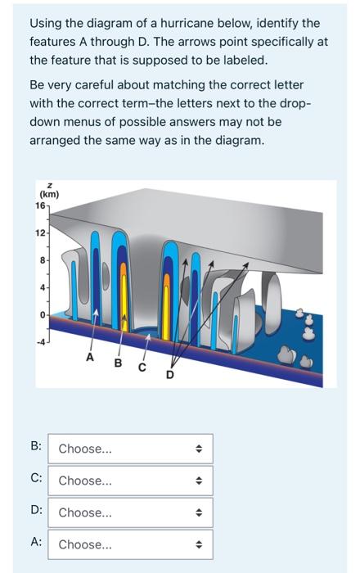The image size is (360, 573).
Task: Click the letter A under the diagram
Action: point(90,357)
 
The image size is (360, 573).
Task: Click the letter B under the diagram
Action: point(118,363)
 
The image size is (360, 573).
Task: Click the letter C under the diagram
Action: point(142,368)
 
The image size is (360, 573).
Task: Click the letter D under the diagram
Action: point(170,375)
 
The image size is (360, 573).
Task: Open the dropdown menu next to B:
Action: point(130,449)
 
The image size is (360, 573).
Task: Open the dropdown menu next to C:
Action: point(130,481)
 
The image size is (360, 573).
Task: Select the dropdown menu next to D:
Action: point(130,512)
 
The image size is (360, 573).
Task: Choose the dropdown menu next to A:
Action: point(130,544)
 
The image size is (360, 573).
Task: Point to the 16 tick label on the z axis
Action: point(40,205)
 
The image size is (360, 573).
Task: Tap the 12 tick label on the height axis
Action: point(40,232)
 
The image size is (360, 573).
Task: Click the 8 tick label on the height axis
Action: point(43,260)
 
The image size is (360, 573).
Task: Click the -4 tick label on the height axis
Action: point(40,342)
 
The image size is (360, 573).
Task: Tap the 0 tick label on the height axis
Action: point(43,314)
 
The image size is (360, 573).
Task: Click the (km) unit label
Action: point(49,195)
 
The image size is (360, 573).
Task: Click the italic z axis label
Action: point(50,186)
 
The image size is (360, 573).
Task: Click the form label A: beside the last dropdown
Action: point(36,542)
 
